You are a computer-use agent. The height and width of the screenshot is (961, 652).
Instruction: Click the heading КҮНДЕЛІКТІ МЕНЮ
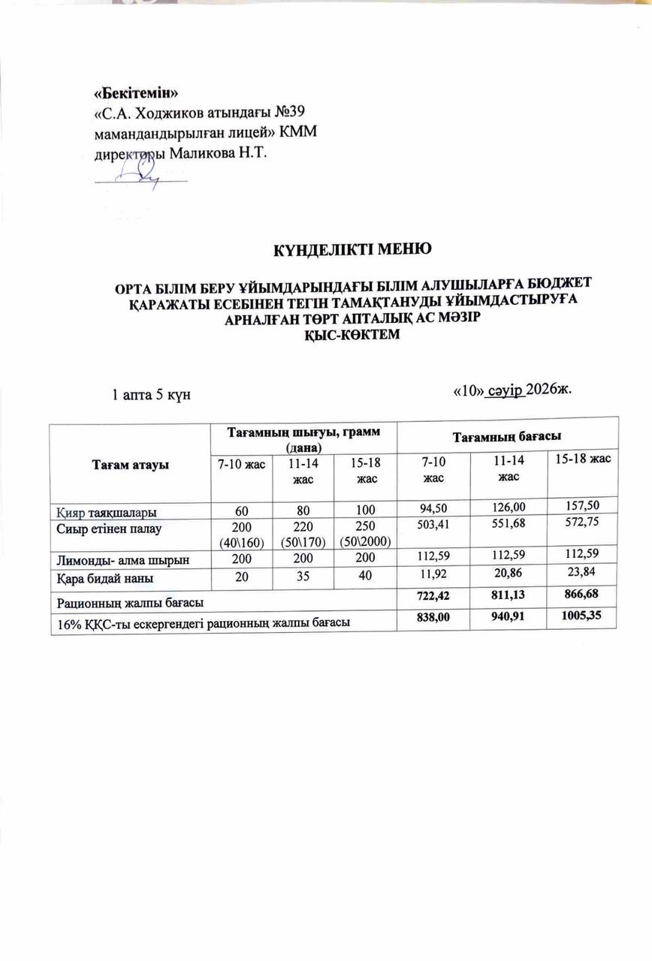pos(352,249)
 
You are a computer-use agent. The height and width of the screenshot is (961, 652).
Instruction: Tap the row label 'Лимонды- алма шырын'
pos(120,559)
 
